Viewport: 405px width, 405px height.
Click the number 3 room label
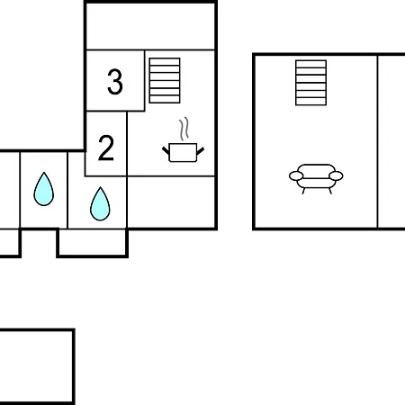(115, 82)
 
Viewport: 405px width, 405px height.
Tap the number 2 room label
(106, 148)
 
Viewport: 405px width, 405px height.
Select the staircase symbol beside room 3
(165, 80)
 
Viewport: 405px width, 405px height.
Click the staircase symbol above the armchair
(310, 83)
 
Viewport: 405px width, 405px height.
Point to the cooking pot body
(183, 153)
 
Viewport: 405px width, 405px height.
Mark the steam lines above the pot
(184, 129)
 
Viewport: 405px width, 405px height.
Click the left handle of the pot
(166, 150)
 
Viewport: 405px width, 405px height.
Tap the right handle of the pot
(201, 151)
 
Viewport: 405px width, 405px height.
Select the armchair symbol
(316, 179)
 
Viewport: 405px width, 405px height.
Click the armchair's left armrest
(296, 176)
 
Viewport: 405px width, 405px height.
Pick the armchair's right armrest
(336, 175)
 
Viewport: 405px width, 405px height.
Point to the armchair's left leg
(303, 191)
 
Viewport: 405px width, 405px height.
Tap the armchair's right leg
(330, 191)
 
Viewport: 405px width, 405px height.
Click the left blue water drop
(44, 189)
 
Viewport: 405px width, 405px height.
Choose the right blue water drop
(100, 203)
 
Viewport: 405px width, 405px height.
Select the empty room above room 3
(150, 26)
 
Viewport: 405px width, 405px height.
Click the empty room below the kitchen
(171, 202)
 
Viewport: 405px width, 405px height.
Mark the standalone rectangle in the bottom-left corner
(37, 366)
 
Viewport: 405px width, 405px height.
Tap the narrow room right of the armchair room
(391, 141)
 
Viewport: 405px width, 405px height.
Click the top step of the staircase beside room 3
(165, 61)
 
